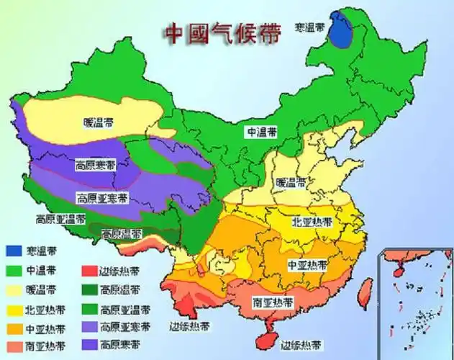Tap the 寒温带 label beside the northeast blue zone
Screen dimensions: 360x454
[309, 27]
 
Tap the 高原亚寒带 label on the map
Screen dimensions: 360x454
[103, 197]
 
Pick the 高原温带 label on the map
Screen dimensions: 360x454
[121, 233]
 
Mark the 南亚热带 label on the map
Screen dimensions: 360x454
[272, 302]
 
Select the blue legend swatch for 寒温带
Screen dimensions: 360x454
[15, 251]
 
